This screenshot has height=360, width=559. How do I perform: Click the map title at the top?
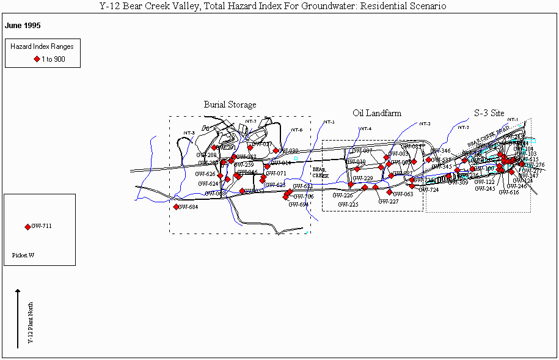(x=272, y=6)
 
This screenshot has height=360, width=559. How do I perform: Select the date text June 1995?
(x=23, y=26)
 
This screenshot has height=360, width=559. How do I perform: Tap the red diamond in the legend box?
(x=37, y=59)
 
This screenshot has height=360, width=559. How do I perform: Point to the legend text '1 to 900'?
(x=53, y=59)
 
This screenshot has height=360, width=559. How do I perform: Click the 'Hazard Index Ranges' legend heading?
(x=42, y=46)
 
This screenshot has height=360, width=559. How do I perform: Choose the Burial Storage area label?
(x=230, y=105)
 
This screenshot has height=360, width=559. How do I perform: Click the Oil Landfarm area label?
(x=377, y=113)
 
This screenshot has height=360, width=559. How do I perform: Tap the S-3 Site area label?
(x=489, y=113)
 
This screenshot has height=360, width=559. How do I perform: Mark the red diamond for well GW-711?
(x=27, y=227)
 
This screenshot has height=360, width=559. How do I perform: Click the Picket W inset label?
(x=23, y=255)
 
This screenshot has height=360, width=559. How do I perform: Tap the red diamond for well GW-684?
(x=177, y=207)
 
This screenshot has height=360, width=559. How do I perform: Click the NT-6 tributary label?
(x=296, y=130)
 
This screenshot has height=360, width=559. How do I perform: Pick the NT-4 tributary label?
(x=365, y=128)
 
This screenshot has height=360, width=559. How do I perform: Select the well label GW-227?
(x=388, y=201)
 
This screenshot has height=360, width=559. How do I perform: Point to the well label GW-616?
(x=508, y=193)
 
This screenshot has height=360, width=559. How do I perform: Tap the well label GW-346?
(x=440, y=150)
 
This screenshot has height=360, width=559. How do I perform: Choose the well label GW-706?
(x=303, y=196)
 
